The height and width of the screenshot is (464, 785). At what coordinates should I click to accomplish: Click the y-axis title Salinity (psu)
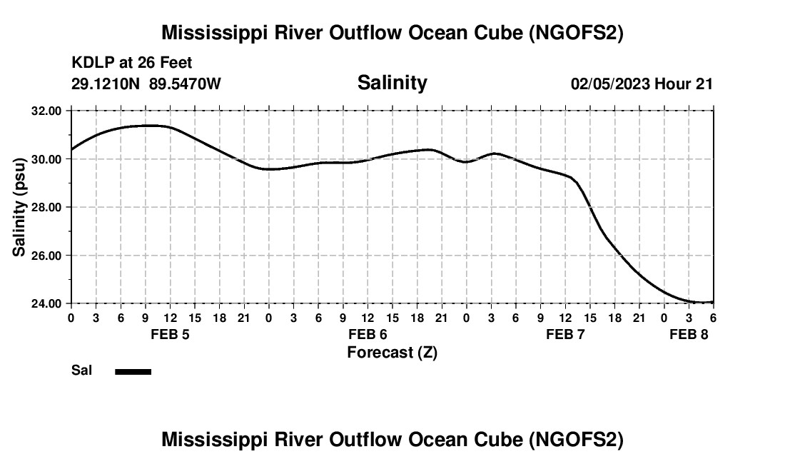click(x=19, y=207)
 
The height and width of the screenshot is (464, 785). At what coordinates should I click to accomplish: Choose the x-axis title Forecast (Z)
click(x=392, y=352)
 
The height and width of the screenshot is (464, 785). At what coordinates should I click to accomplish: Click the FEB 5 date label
click(x=170, y=334)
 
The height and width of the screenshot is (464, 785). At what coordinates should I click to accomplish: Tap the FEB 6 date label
click(x=368, y=334)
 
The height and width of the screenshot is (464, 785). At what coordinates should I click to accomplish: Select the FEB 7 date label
click(x=565, y=334)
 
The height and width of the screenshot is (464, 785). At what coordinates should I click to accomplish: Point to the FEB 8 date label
click(x=689, y=334)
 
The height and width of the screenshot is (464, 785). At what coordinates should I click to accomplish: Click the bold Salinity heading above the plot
click(x=392, y=83)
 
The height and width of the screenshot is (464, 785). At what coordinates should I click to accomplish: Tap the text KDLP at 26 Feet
click(x=132, y=64)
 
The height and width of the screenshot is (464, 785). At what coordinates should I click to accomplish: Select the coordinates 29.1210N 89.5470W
click(x=146, y=84)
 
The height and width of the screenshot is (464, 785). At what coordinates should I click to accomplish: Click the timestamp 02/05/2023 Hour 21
click(x=642, y=84)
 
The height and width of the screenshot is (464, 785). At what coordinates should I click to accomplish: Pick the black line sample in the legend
click(x=133, y=371)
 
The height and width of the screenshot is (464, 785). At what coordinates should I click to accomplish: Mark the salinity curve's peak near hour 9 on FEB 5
click(x=147, y=125)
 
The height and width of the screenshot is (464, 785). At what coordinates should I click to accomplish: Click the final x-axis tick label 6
click(x=713, y=317)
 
